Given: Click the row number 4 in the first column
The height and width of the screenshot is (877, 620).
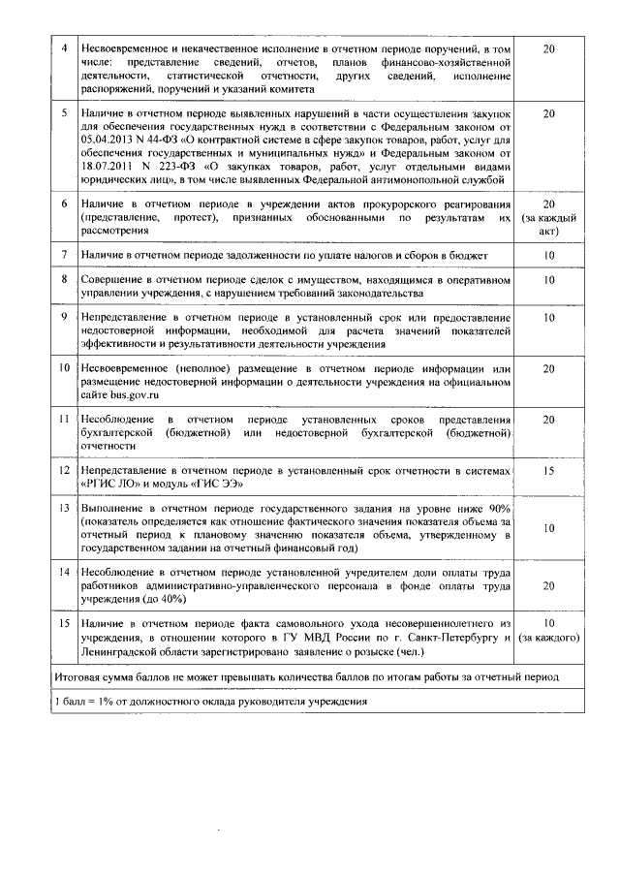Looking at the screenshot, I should (x=64, y=48).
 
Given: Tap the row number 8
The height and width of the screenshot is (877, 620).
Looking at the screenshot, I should (x=64, y=279).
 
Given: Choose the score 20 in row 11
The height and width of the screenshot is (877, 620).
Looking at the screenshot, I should (x=548, y=420).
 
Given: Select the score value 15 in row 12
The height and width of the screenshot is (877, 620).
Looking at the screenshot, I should (x=548, y=469).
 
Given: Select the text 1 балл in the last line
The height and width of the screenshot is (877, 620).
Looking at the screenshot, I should (x=74, y=701).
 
